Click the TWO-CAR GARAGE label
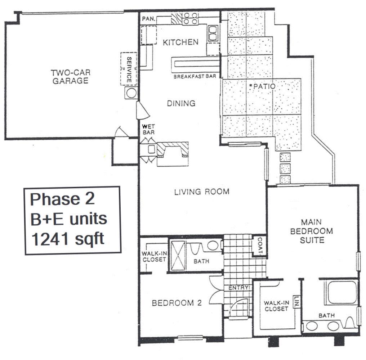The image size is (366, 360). (71, 77)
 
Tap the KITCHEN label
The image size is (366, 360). (180, 42)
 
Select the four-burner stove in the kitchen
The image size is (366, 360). (190, 18)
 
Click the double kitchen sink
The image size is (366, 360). (213, 33)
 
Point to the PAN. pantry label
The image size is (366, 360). (148, 19)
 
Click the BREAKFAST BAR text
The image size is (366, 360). (195, 76)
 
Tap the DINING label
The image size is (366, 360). (181, 103)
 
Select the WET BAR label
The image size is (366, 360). (148, 130)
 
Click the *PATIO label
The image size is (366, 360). (262, 86)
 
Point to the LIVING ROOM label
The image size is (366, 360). (202, 192)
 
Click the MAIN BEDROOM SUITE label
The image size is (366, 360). (311, 231)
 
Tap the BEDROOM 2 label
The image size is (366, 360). (177, 303)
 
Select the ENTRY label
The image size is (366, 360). (238, 288)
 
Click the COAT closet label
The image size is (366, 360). (260, 246)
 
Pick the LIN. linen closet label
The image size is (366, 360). (297, 301)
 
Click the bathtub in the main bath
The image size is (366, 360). (341, 292)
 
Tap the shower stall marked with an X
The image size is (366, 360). (178, 256)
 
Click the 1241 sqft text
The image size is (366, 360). (68, 239)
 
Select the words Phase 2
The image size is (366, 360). (62, 199)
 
